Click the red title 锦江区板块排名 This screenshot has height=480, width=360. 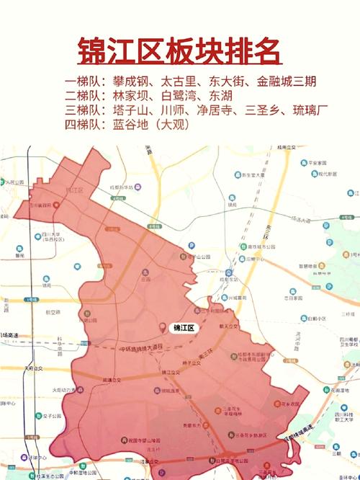coord(179,52)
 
